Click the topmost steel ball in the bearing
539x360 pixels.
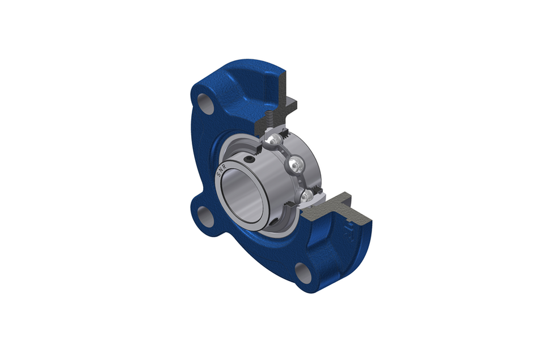point(275,140)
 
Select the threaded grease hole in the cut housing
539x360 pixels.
point(269,120)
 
